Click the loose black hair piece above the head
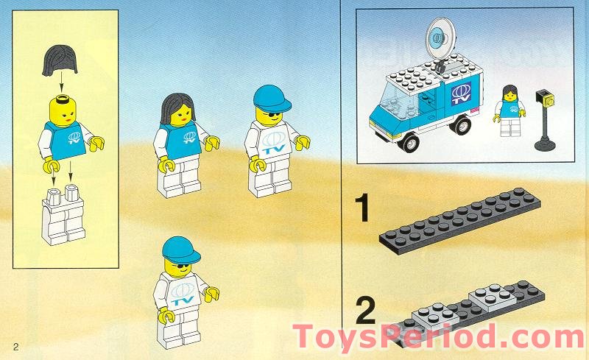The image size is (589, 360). (60, 59)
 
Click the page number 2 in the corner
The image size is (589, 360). (15, 345)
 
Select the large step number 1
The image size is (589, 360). (361, 209)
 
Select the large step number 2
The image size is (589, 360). (364, 310)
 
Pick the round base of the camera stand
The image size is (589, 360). (546, 144)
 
